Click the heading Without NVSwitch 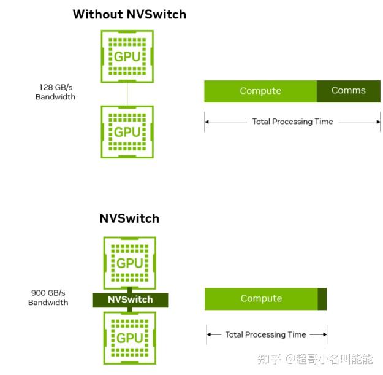(x=129, y=14)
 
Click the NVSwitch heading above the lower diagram (x=129, y=218)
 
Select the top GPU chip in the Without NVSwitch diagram (x=127, y=56)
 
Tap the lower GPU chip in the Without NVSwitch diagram (x=127, y=131)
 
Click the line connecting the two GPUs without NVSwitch (x=127, y=94)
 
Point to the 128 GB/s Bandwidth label (x=55, y=92)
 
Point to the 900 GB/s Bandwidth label (x=48, y=298)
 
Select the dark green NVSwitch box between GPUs (x=130, y=300)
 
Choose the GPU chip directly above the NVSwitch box (x=130, y=262)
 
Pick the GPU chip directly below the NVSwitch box (x=130, y=338)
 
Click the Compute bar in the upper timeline (x=260, y=91)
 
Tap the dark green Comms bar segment (x=348, y=91)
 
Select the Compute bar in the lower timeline (x=261, y=299)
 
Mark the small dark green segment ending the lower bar (x=322, y=299)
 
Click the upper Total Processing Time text (x=292, y=122)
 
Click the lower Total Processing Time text (x=265, y=334)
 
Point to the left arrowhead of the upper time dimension (x=207, y=122)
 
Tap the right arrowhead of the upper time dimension (x=377, y=122)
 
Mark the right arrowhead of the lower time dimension (x=324, y=334)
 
